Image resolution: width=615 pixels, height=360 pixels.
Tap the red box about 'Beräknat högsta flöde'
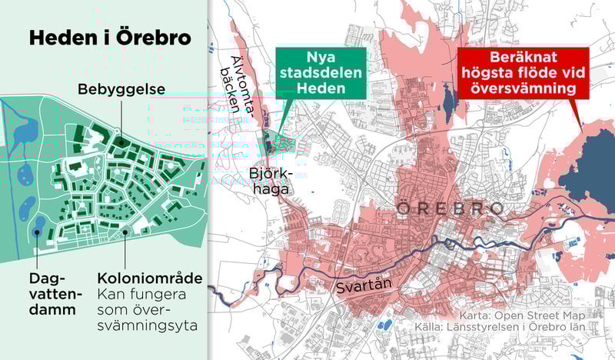(524, 73)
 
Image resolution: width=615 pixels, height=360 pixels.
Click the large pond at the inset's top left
(25, 131)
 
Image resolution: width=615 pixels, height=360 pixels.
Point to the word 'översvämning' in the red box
(524, 89)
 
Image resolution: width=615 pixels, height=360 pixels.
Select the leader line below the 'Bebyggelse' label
(120, 118)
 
